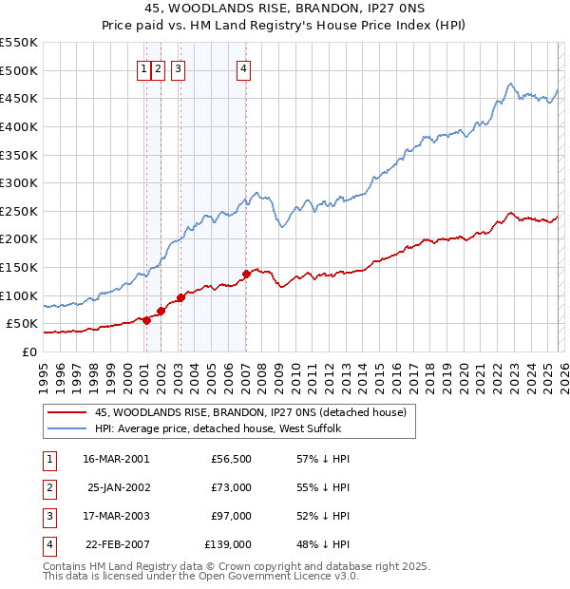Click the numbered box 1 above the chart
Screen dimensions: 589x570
coord(144,67)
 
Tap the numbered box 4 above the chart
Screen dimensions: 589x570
coord(244,67)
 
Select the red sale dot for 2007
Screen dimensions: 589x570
coord(246,274)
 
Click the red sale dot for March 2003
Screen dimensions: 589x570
coord(180,297)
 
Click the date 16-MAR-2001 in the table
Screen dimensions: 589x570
coord(116,459)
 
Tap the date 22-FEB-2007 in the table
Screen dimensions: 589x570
coord(116,544)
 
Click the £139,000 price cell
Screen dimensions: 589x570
coord(229,544)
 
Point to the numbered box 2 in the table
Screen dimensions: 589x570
coord(47,487)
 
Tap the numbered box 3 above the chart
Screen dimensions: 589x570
coord(179,67)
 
